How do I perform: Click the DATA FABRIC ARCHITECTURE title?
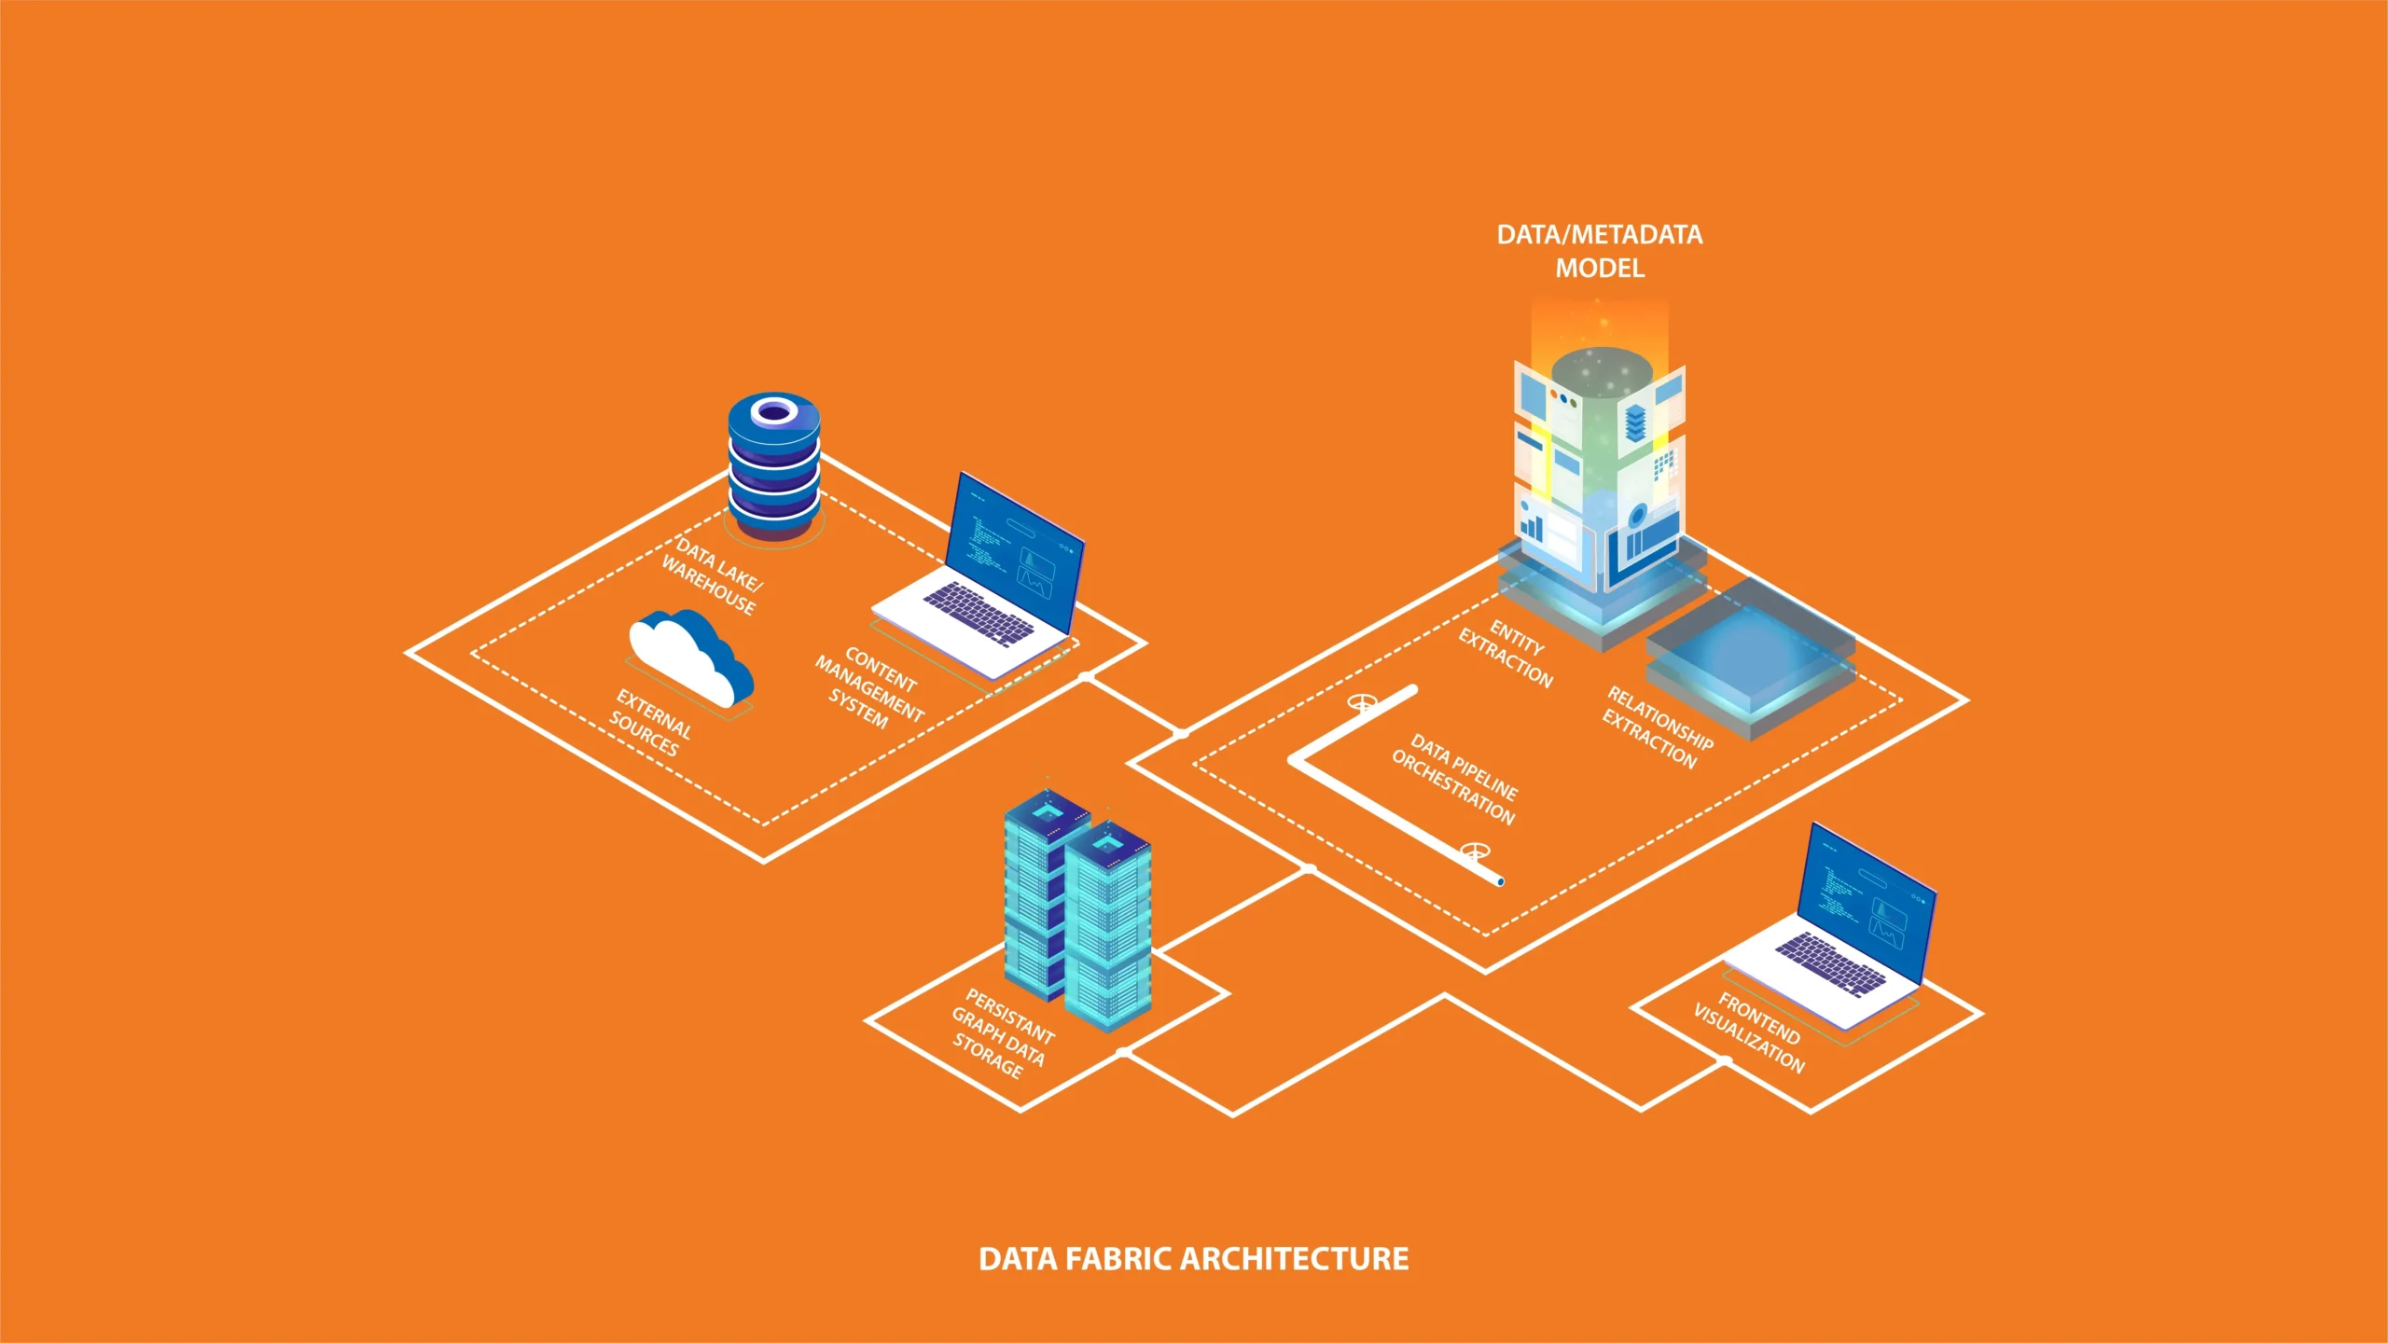click(x=1193, y=1259)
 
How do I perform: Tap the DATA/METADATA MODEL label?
click(x=1599, y=251)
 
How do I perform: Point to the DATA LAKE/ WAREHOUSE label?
click(x=713, y=576)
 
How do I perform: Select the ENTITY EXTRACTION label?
click(x=1506, y=654)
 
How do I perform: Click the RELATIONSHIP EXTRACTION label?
click(x=1657, y=728)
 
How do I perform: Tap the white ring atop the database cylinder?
click(x=773, y=410)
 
